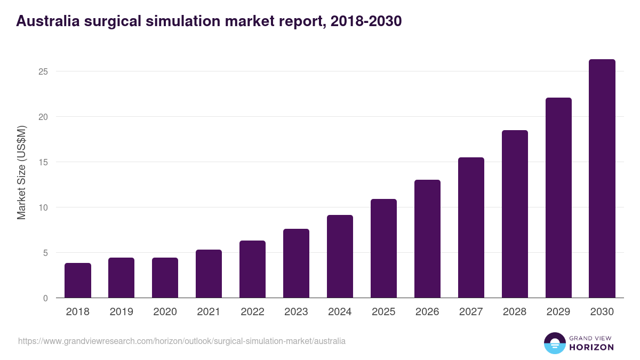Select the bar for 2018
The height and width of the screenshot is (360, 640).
click(x=78, y=281)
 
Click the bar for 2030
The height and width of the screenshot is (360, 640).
click(x=602, y=179)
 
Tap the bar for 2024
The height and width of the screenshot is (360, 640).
click(x=340, y=257)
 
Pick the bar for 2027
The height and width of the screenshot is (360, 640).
click(x=471, y=228)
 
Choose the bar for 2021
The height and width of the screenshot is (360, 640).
click(x=209, y=274)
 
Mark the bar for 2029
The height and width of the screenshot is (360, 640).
click(x=558, y=198)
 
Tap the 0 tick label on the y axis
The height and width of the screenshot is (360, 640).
click(x=46, y=298)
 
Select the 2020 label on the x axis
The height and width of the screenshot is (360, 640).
click(x=165, y=312)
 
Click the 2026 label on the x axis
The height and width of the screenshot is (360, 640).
click(x=427, y=312)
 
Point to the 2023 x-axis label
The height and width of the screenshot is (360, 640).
click(x=296, y=312)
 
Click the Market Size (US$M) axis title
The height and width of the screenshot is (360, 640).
click(x=21, y=172)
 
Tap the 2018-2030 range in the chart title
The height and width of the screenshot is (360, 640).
click(x=366, y=21)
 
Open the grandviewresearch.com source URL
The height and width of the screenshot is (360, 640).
click(x=182, y=341)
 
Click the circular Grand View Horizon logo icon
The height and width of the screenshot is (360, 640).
click(x=554, y=343)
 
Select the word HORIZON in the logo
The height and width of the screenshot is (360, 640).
click(x=592, y=347)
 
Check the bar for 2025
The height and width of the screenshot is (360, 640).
click(x=383, y=249)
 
